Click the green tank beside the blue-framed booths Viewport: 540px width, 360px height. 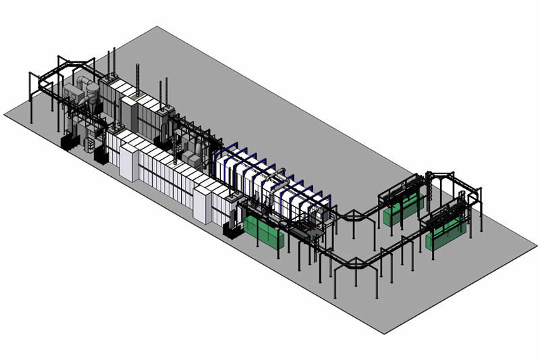264,232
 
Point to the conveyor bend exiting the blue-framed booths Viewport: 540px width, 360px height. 350,216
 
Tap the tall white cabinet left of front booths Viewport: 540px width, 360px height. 128,159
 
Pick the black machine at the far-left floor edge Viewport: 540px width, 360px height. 68,142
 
